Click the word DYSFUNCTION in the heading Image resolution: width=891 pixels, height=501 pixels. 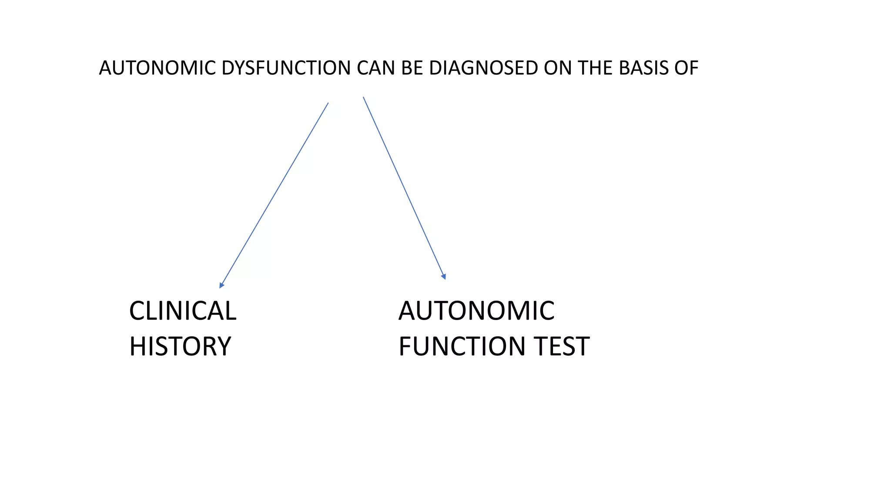(x=286, y=68)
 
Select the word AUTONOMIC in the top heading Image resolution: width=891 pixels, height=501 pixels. (x=157, y=68)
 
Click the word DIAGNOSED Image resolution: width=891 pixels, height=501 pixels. (x=483, y=68)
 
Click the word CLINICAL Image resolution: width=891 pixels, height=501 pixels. (x=183, y=311)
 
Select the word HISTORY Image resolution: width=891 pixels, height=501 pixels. (x=180, y=347)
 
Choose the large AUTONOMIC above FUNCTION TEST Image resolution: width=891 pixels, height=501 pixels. (x=476, y=311)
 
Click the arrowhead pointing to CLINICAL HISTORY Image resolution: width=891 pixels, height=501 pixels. (x=222, y=285)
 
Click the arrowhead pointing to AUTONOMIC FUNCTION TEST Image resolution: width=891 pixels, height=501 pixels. (x=444, y=276)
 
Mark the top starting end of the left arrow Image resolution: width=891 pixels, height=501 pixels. (x=328, y=103)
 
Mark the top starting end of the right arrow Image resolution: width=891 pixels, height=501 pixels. (x=363, y=97)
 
